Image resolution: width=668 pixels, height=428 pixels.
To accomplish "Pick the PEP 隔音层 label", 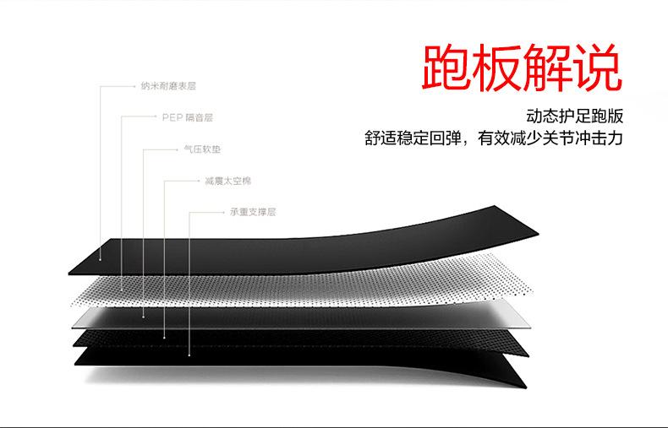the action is coord(187,117).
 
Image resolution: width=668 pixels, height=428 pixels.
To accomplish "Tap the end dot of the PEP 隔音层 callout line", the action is coord(123,287).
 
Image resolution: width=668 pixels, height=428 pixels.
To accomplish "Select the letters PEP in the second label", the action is coord(171,117).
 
